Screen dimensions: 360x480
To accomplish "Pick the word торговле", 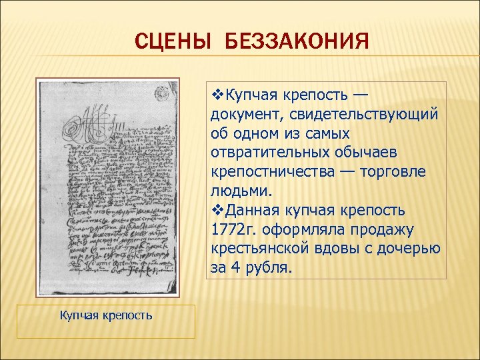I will tap(393, 172).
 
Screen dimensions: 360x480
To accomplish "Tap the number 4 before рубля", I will tap(235, 269).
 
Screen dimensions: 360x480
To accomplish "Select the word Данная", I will tap(251, 211).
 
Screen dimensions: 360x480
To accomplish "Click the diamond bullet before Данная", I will tap(215, 211).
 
